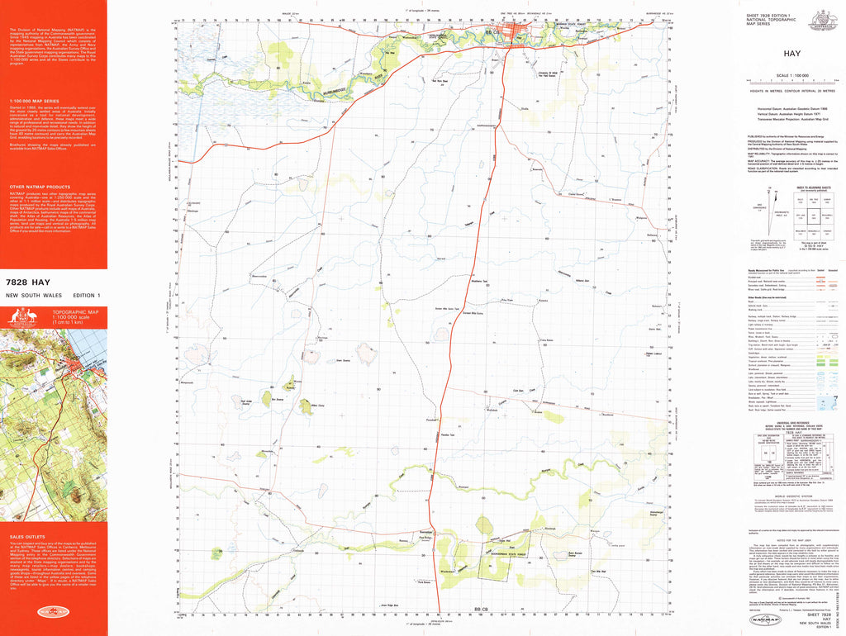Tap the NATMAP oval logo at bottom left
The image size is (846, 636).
coord(53,612)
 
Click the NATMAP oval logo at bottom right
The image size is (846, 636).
coord(762,619)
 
